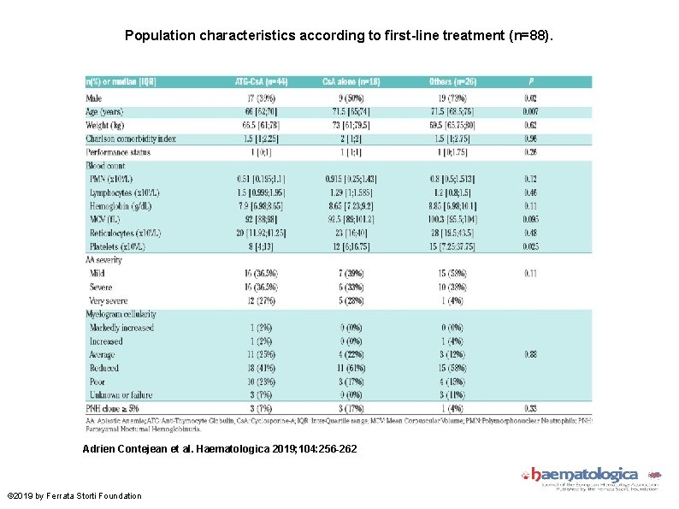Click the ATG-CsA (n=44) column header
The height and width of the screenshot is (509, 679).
point(262,82)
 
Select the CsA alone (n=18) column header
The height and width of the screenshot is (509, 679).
point(351,82)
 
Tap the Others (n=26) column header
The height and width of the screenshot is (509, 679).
point(452,82)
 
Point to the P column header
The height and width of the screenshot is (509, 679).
point(531,82)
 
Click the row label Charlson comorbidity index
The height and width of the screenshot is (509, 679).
point(130,139)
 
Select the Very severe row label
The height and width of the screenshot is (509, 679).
point(109,300)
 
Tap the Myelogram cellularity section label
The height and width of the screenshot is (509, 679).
point(121,314)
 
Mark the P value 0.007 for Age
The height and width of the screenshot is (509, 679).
point(531,112)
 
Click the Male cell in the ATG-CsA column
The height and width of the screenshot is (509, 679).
point(262,98)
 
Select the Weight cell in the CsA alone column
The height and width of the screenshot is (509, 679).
point(351,125)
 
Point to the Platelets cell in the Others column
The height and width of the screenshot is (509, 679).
point(452,246)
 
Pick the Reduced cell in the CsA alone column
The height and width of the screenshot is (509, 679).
point(351,368)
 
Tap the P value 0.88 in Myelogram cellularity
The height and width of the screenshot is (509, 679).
point(531,354)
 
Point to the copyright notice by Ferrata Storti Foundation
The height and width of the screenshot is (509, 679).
point(74,495)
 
